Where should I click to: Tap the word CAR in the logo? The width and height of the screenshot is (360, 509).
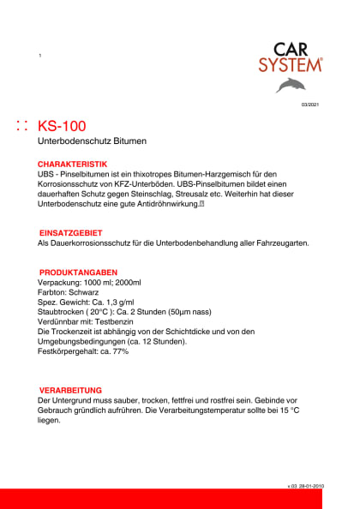click(x=291, y=50)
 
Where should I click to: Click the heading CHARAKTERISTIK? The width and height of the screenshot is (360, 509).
click(x=72, y=163)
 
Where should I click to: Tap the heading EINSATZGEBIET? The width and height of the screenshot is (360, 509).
click(x=71, y=233)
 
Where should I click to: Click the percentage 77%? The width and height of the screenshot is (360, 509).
click(x=119, y=352)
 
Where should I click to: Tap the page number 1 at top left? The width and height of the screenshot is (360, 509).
click(x=39, y=56)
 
